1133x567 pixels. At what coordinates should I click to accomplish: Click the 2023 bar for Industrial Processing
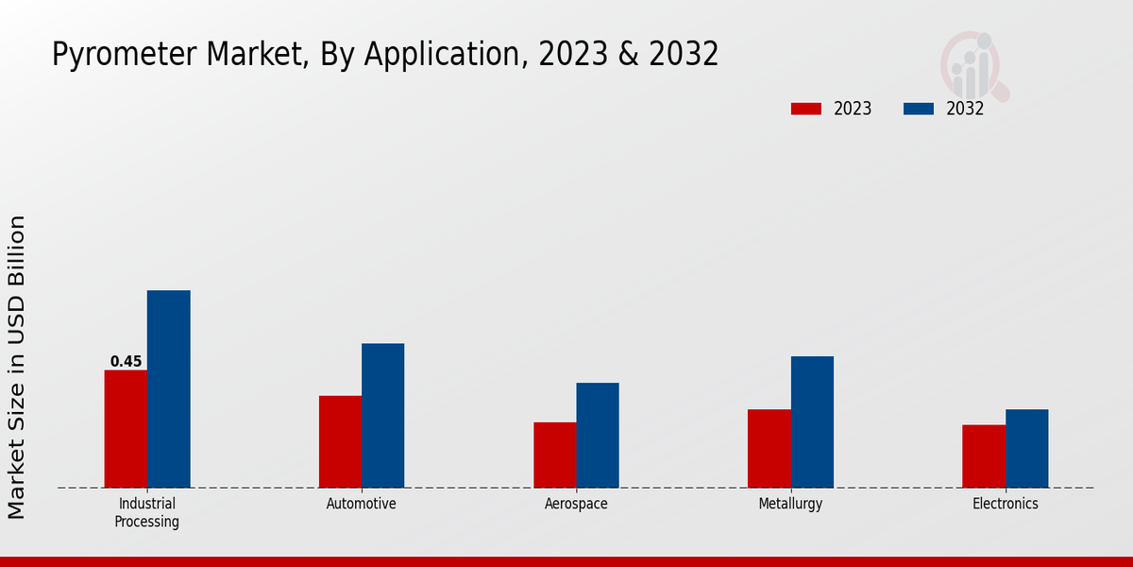[126, 429]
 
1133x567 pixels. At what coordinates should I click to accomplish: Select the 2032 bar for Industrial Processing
[169, 389]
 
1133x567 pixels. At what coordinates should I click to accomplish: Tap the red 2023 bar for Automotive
[340, 441]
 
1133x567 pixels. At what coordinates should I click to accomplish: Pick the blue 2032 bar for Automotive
[383, 416]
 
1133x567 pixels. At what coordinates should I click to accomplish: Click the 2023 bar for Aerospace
[555, 455]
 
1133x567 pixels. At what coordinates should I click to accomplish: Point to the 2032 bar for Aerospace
[598, 436]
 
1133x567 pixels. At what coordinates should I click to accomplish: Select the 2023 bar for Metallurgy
[769, 448]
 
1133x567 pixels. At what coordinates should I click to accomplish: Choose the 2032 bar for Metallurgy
[812, 422]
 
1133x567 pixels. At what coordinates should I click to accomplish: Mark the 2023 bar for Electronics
[984, 456]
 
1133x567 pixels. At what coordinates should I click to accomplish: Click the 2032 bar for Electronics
[1026, 449]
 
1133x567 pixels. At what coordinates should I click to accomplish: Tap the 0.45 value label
[126, 361]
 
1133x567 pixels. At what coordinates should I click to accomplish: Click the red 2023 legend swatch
[806, 109]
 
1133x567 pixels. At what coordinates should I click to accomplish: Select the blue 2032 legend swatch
[919, 109]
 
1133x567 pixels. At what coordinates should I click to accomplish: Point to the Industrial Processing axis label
[147, 512]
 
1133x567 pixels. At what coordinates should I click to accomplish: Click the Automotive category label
[362, 504]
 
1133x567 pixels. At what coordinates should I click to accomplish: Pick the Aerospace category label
[576, 504]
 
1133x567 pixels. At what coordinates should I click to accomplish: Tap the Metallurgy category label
[790, 504]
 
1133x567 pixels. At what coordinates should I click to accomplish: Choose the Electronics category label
[1006, 504]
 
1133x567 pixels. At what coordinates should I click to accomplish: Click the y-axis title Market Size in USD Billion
[18, 367]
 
